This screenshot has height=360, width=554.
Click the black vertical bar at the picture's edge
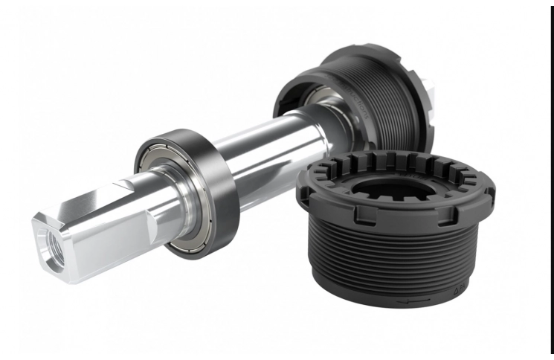[x=552, y=179]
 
